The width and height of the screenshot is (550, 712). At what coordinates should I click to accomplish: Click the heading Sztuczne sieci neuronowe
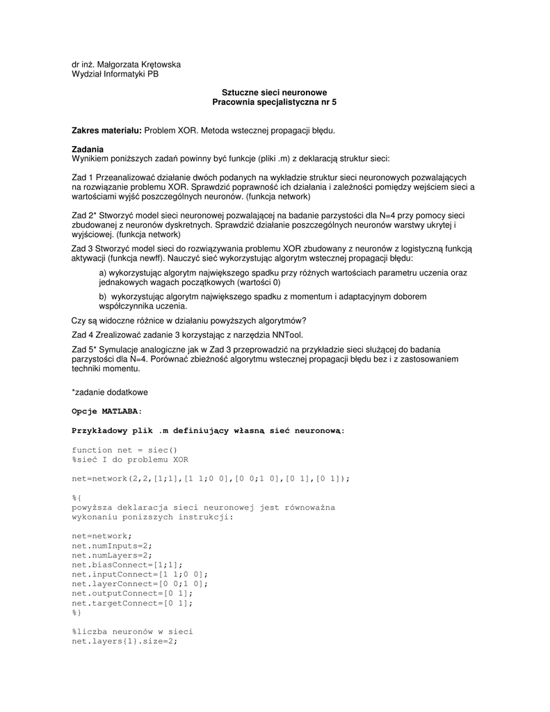pyautogui.click(x=274, y=92)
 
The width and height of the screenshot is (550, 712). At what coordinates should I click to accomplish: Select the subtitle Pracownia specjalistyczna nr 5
pyautogui.click(x=274, y=102)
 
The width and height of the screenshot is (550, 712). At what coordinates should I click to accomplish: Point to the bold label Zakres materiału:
pyautogui.click(x=107, y=130)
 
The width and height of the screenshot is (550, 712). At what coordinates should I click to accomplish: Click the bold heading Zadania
pyautogui.click(x=88, y=149)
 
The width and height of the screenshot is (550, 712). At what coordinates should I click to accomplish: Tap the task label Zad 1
pyautogui.click(x=82, y=178)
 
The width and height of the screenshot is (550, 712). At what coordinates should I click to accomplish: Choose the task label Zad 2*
pyautogui.click(x=84, y=216)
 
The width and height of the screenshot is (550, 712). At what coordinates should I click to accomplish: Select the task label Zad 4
pyautogui.click(x=82, y=334)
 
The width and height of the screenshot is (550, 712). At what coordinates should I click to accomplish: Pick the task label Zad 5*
pyautogui.click(x=84, y=349)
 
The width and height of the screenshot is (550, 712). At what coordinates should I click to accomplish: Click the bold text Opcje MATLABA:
pyautogui.click(x=106, y=411)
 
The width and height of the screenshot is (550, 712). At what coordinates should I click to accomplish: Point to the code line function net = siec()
pyautogui.click(x=124, y=450)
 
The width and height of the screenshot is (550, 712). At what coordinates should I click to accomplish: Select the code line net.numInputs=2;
pyautogui.click(x=111, y=546)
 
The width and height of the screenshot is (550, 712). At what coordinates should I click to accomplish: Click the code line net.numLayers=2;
pyautogui.click(x=111, y=555)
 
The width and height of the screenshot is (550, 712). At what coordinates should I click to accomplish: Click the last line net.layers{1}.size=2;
pyautogui.click(x=124, y=641)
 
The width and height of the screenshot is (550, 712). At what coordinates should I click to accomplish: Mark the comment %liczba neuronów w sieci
pyautogui.click(x=132, y=631)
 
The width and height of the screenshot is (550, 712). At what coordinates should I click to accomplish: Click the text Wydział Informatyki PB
pyautogui.click(x=115, y=74)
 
